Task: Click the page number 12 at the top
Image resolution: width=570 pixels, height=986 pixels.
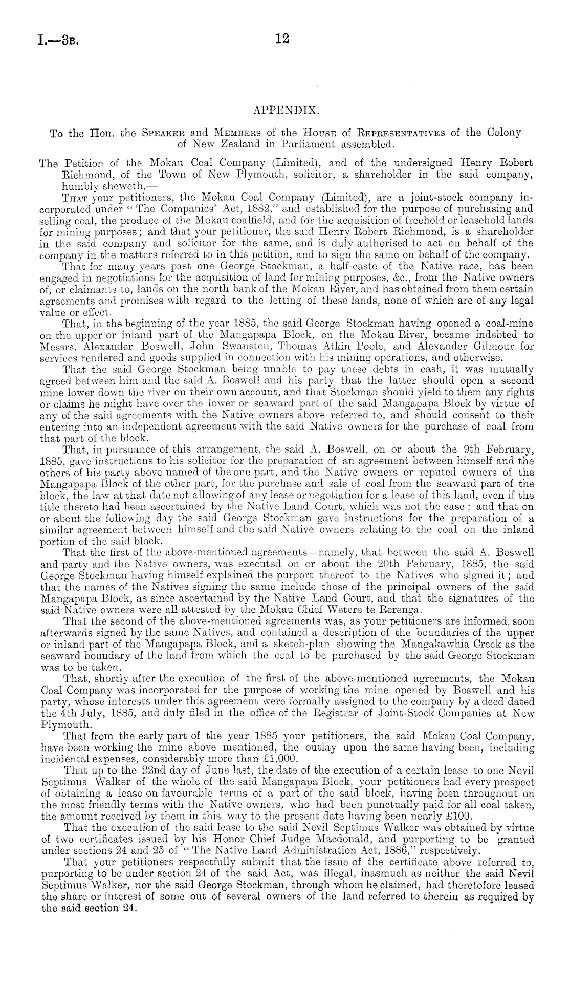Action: [282, 39]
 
